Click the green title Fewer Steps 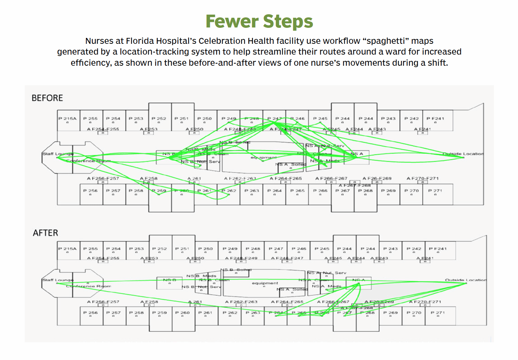click(x=259, y=22)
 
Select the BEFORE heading click(x=47, y=98)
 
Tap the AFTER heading click(x=46, y=233)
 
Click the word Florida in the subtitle click(x=140, y=41)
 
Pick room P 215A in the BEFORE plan click(x=68, y=119)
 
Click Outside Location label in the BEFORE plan click(x=463, y=154)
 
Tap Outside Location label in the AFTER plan click(x=466, y=280)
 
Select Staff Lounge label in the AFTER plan click(x=58, y=280)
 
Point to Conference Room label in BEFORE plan click(x=88, y=161)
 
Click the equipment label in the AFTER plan click(x=265, y=283)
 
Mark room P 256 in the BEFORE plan click(x=91, y=191)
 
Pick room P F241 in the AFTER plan click(x=438, y=249)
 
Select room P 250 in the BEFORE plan click(x=205, y=119)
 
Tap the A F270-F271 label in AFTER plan click(x=425, y=302)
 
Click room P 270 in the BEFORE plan click(x=411, y=191)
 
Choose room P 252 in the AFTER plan click(x=159, y=249)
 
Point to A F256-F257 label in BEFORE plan click(x=103, y=178)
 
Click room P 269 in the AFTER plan click(x=391, y=313)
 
